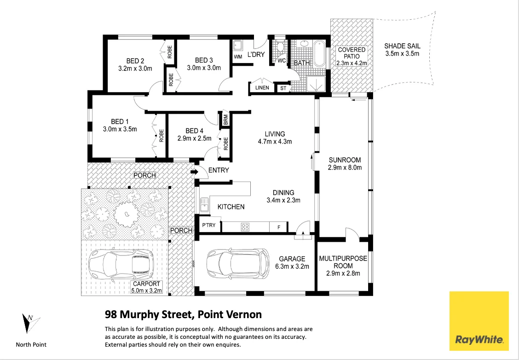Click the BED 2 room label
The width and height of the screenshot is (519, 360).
135,60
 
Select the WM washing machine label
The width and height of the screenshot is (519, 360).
238,57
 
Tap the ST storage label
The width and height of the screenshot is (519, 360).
283,87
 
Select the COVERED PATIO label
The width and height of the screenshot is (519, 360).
352,53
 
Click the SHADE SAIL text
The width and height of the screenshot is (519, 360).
402,46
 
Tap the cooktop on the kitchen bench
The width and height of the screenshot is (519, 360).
246,226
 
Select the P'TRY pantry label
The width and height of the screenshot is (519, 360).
209,226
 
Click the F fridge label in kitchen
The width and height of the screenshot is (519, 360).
278,226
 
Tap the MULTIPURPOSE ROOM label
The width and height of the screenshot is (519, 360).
343,262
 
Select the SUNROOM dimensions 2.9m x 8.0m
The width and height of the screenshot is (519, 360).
345,168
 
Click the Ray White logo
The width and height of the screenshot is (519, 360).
479,321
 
